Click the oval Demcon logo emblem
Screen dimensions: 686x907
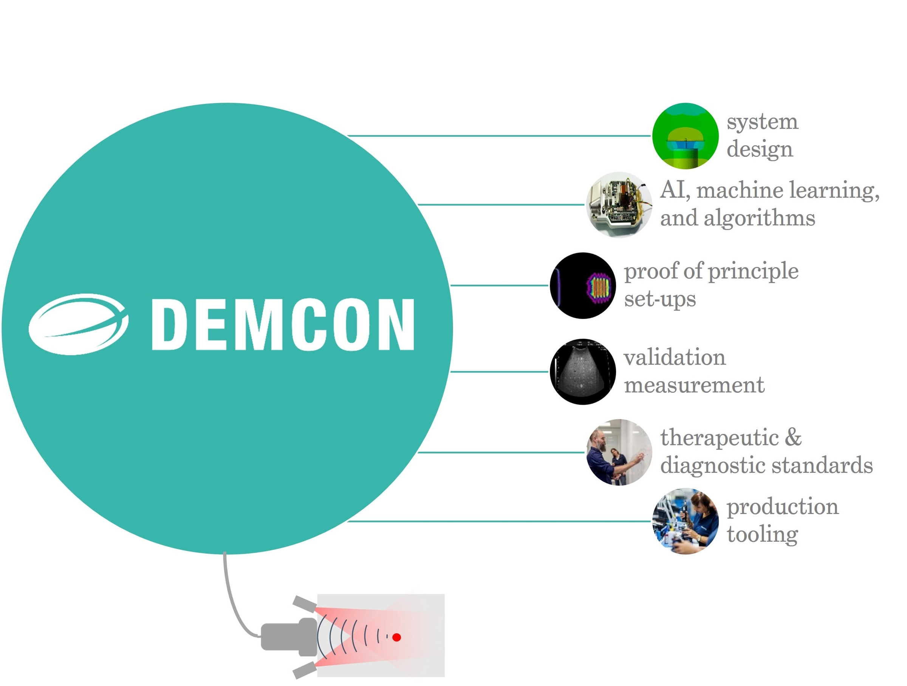coord(78,324)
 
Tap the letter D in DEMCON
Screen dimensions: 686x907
coord(169,324)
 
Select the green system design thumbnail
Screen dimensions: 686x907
coord(685,136)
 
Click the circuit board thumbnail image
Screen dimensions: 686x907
coord(619,204)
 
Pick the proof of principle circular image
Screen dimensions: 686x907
coord(583,285)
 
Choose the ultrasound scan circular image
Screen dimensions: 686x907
coord(583,372)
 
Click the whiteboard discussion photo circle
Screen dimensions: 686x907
coord(619,452)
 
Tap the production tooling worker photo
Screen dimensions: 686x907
coord(685,521)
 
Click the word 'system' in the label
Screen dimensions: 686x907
coord(762,122)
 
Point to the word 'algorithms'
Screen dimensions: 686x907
coord(759,218)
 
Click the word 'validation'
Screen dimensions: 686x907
coord(675,358)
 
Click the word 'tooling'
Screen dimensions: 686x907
coord(762,535)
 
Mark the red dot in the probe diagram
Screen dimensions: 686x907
coord(396,637)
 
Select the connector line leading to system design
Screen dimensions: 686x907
coord(498,136)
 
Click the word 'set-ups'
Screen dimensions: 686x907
coord(660,299)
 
